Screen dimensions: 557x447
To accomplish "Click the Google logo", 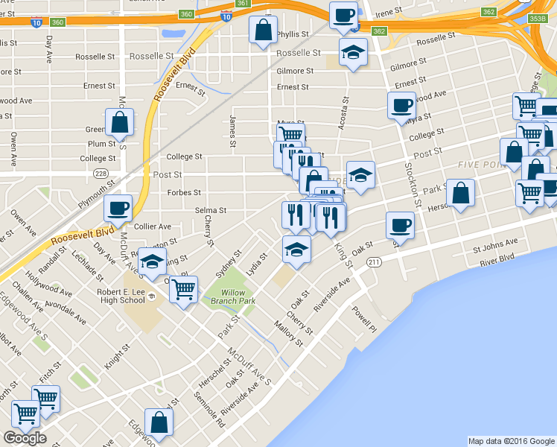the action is click(x=25, y=438).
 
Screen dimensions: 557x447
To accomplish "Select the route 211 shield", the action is click(x=374, y=262).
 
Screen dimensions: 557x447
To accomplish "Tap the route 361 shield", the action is click(x=242, y=3).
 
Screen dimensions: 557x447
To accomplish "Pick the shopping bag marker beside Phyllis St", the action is click(x=263, y=31).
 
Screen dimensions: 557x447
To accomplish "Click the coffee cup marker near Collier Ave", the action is click(x=118, y=209).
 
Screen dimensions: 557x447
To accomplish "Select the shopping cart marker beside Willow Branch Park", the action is click(x=183, y=288).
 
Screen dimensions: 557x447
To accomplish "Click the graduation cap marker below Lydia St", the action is click(x=296, y=249).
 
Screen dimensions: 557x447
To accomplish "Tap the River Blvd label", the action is click(x=497, y=256).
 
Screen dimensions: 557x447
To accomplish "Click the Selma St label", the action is click(x=211, y=211).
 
